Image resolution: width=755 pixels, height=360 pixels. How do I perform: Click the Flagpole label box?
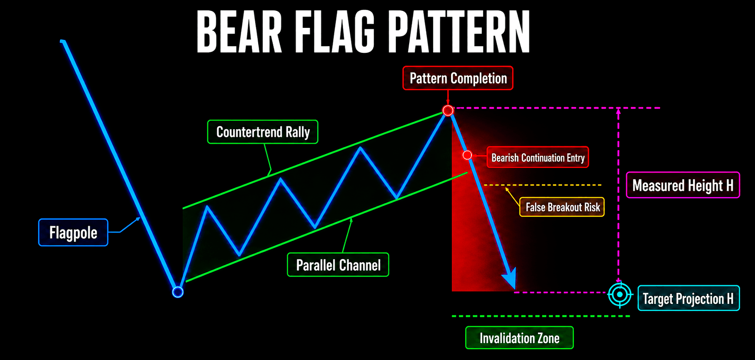[73, 233]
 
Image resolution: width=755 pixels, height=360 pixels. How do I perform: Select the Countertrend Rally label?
[262, 132]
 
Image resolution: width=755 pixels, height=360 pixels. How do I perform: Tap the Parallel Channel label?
[338, 265]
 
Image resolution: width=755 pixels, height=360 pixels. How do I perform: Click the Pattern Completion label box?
[458, 78]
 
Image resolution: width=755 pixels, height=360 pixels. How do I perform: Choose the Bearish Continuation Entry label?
[538, 158]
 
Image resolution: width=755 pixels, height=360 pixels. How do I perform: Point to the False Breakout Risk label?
[562, 207]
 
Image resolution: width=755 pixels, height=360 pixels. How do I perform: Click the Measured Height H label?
[683, 185]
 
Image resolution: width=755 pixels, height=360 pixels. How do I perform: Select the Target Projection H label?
[688, 298]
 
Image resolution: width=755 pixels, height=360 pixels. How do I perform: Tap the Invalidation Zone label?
[520, 338]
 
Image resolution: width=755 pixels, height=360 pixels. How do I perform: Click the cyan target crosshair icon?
[620, 294]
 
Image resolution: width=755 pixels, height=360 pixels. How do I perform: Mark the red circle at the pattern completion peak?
[448, 110]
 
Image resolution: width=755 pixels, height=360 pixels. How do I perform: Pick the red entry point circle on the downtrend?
[467, 155]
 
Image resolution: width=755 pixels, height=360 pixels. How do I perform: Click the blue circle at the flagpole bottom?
[177, 292]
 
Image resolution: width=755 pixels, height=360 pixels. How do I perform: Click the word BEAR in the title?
[239, 32]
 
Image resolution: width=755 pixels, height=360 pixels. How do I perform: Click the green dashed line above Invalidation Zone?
[541, 316]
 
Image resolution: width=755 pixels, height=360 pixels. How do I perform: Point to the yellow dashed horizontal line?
[542, 185]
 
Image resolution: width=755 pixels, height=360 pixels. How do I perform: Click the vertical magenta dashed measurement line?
[618, 195]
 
